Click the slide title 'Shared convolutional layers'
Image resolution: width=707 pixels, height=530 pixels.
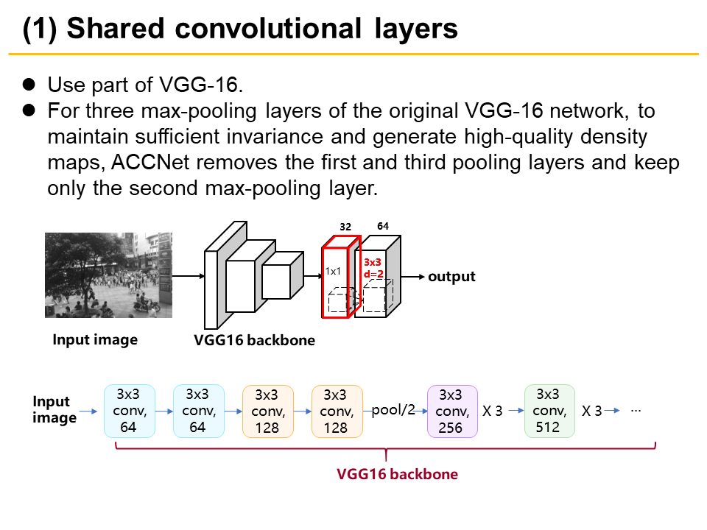coord(240,29)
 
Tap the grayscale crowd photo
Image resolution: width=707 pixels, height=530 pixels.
coord(108,275)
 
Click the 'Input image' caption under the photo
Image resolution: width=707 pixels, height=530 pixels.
coord(95,340)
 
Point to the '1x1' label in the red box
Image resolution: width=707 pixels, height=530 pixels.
coord(333,271)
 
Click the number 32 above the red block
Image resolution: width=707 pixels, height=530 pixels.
coord(345,227)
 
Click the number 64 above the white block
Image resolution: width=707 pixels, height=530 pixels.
coord(383,226)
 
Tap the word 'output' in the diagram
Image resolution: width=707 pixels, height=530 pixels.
coord(451,277)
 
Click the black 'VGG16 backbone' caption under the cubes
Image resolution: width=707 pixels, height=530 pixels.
coord(254,341)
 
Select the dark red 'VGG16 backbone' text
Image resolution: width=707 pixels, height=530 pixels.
coord(397,474)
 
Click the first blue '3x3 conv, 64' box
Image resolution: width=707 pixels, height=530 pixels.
coord(129,411)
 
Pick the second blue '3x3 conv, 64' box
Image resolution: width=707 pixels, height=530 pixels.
coord(198,411)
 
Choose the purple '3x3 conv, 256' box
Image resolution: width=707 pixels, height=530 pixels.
coord(452,411)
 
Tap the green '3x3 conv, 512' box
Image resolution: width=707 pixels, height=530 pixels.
coord(549,411)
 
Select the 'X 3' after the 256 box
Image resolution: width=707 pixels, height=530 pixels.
coord(492,411)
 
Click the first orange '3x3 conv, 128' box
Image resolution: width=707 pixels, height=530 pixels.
coord(267,411)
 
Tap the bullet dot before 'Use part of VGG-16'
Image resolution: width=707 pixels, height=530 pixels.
coord(29,85)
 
